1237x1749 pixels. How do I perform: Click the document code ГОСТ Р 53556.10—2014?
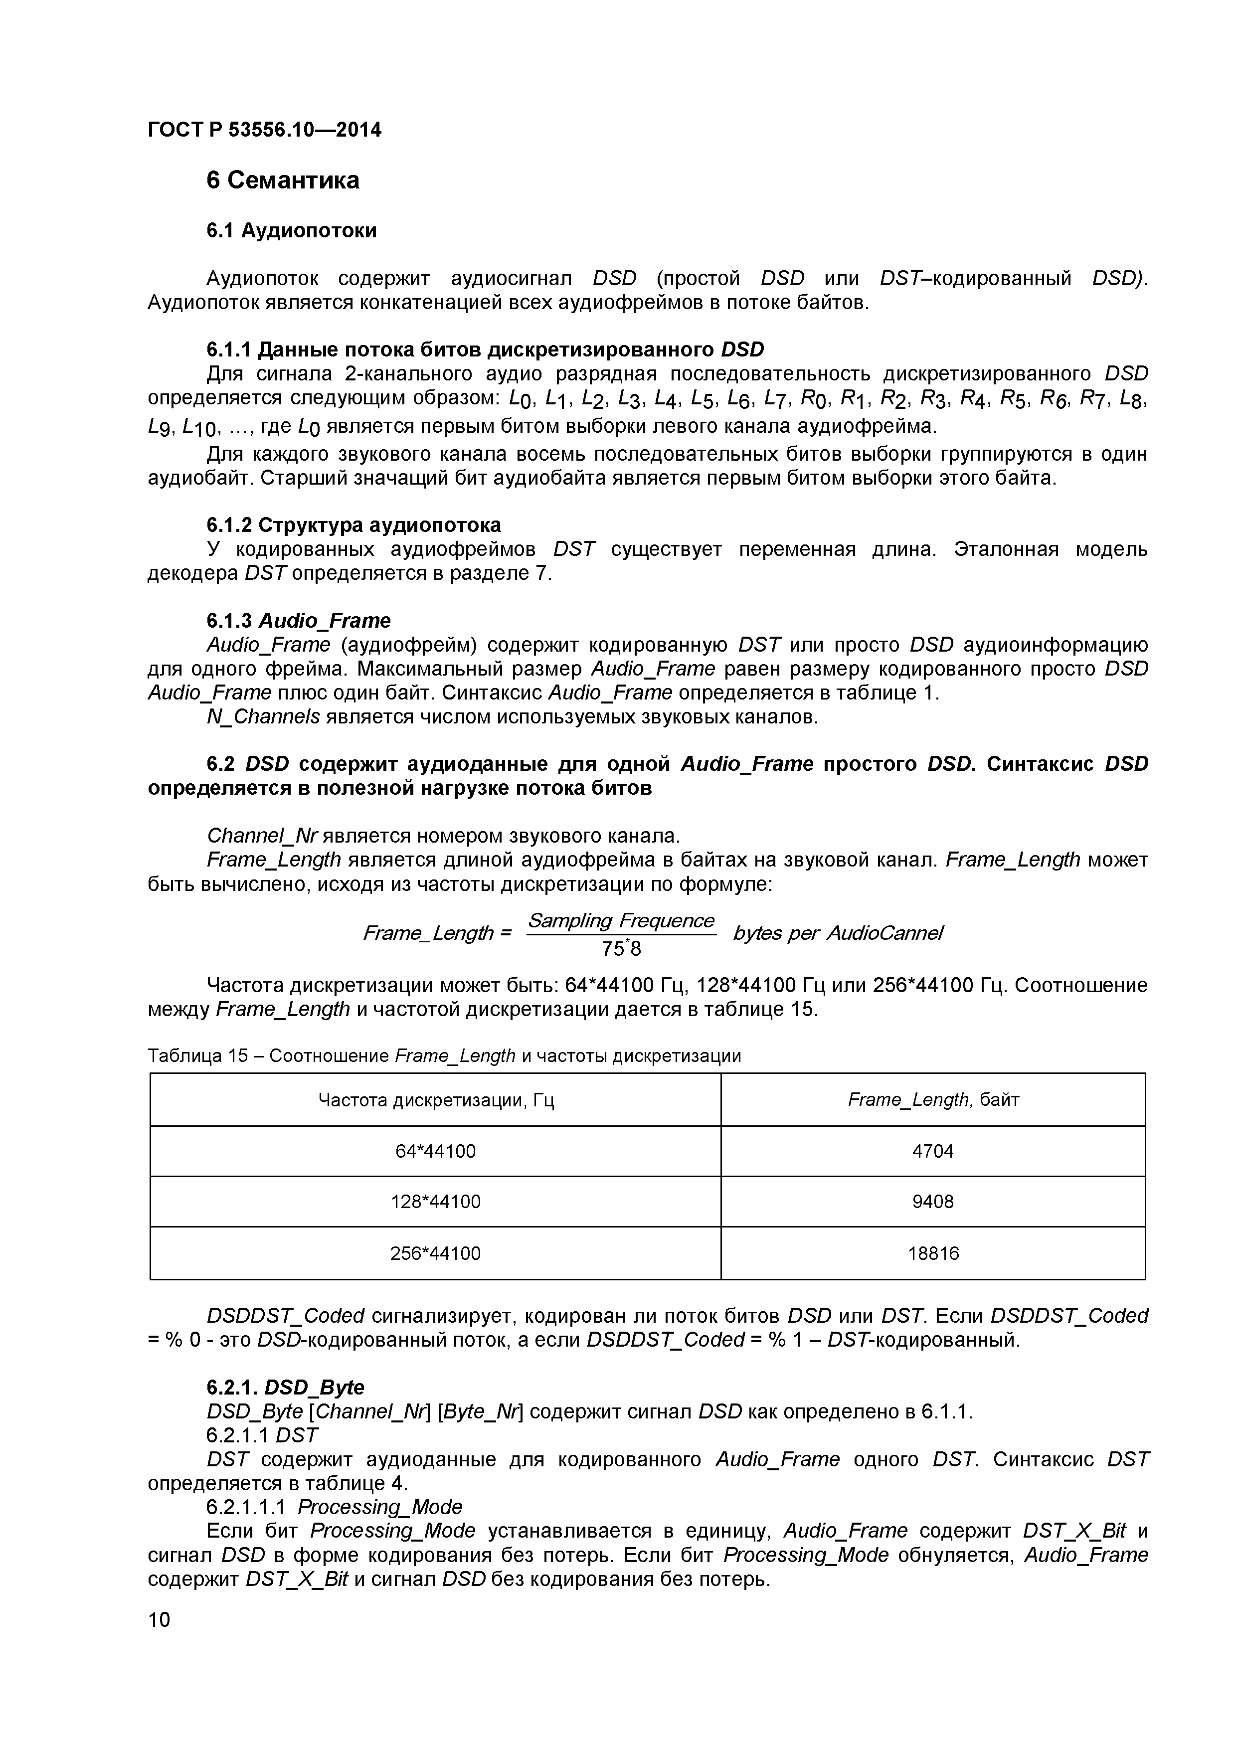[264, 130]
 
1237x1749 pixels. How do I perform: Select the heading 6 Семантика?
[283, 180]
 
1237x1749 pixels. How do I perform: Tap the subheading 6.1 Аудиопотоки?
[291, 230]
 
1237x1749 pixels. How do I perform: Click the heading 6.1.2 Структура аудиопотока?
[353, 525]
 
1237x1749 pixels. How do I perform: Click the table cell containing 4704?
[932, 1151]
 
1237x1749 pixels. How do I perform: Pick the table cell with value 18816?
[932, 1253]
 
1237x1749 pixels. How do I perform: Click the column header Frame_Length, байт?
[932, 1099]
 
